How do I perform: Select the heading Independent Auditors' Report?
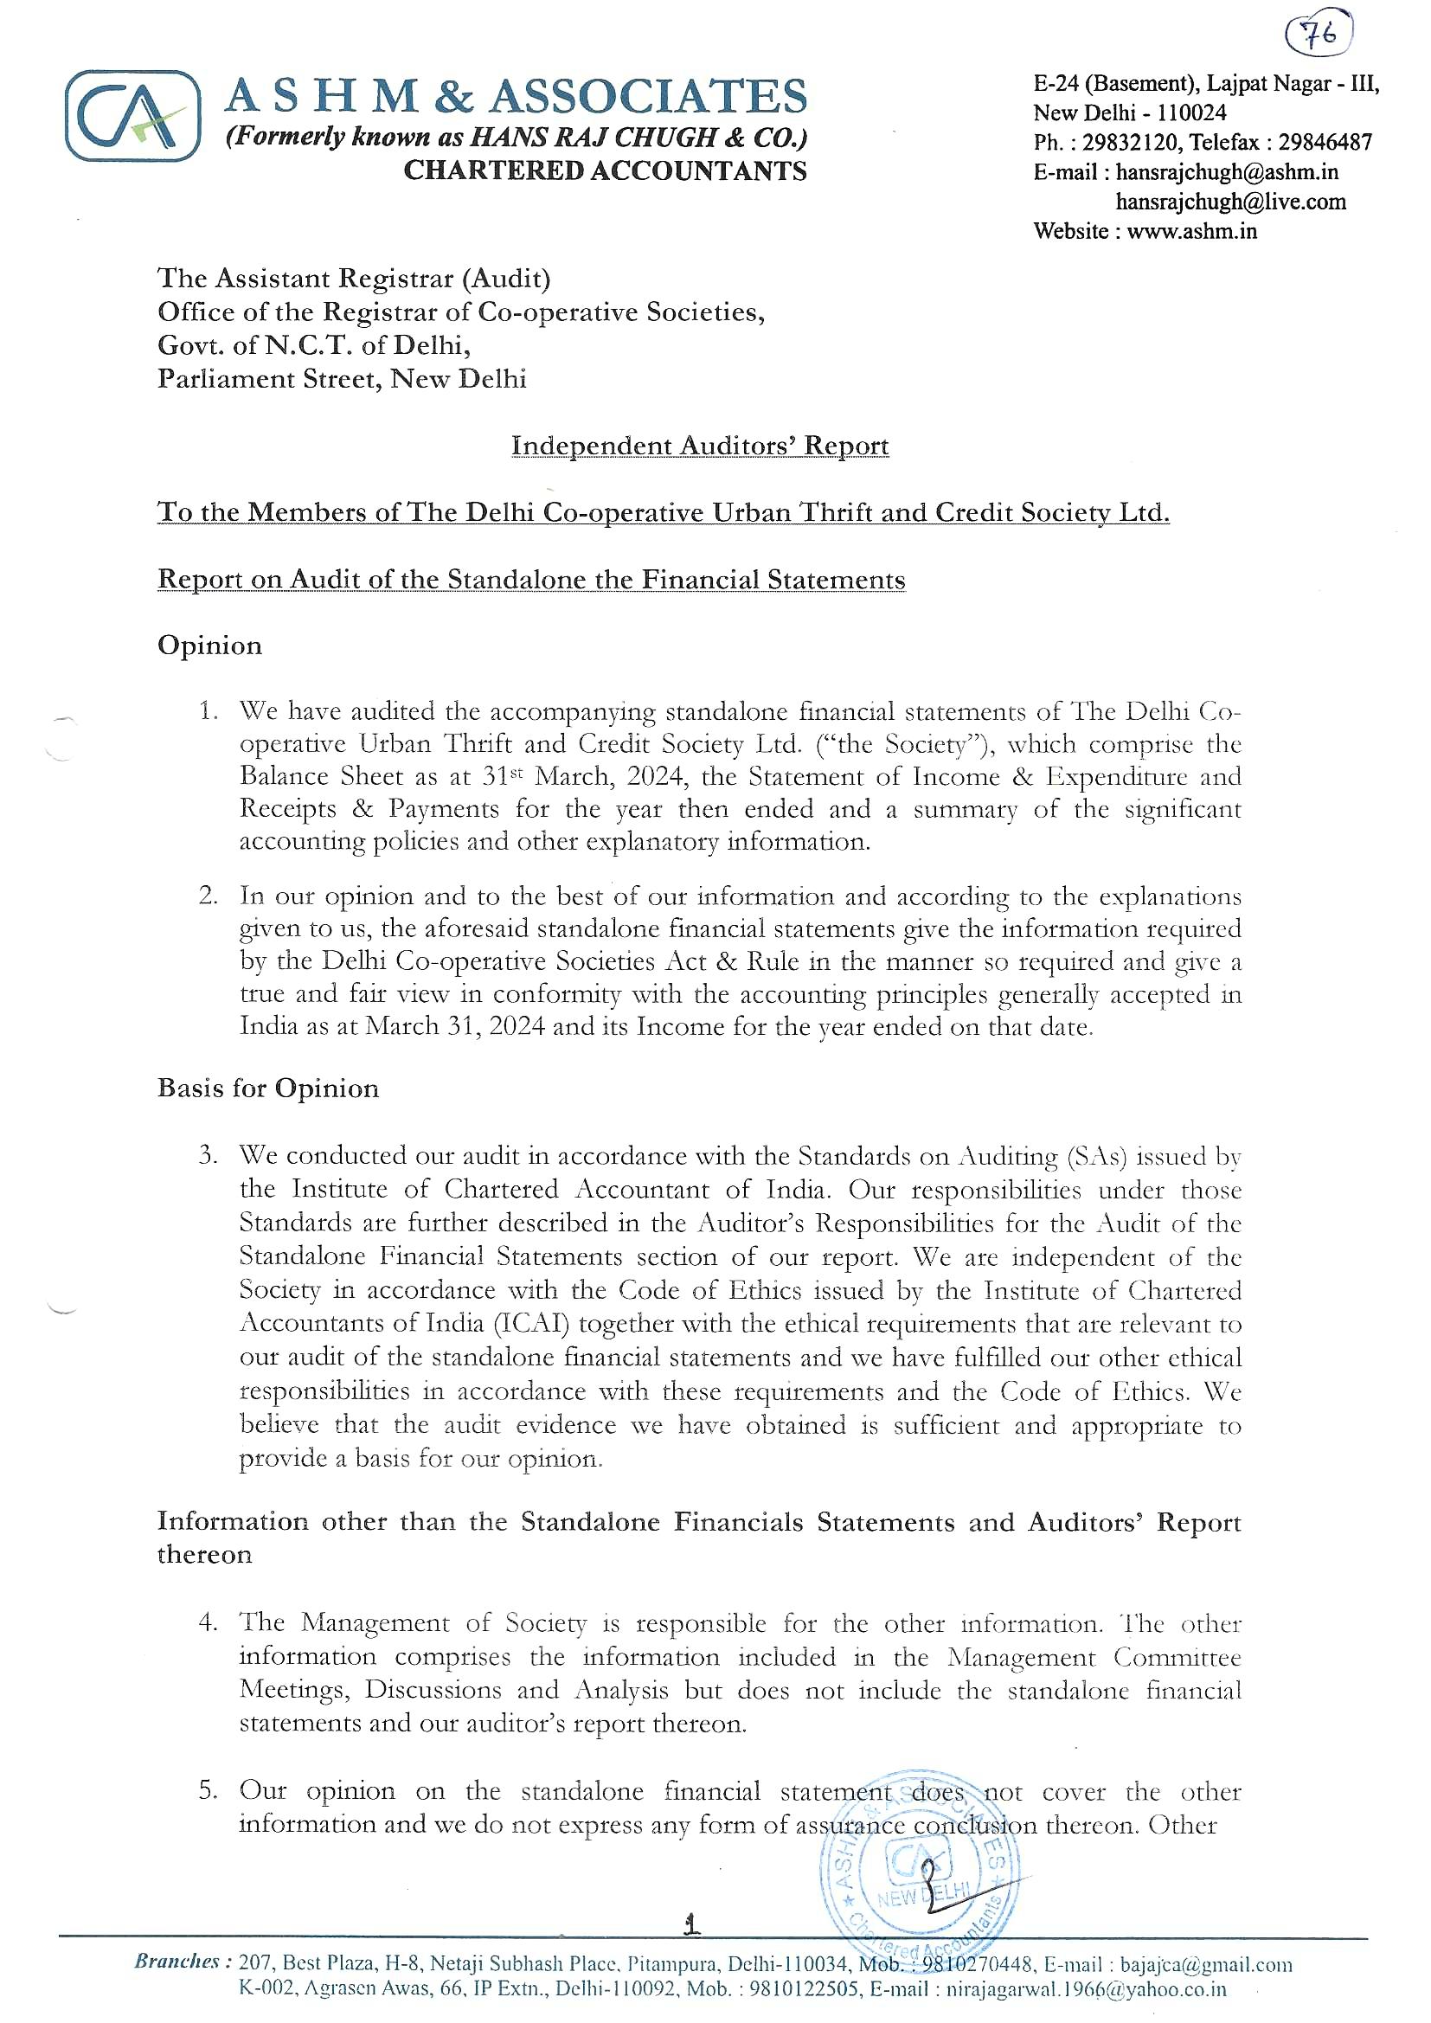coord(700,446)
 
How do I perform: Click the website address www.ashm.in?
coord(1191,232)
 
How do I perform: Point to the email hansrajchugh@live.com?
coord(1230,202)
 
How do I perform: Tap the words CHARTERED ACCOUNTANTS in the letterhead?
coord(605,171)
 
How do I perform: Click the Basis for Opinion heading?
coord(268,1089)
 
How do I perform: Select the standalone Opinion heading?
coord(209,645)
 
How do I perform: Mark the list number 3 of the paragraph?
coord(207,1155)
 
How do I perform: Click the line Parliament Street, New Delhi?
coord(342,379)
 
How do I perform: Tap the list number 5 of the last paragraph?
coord(207,1791)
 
